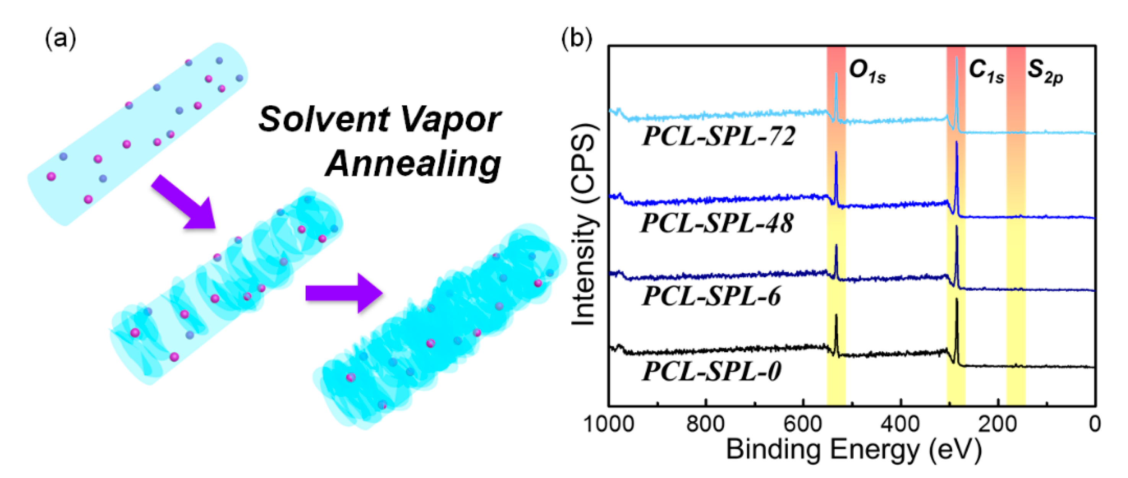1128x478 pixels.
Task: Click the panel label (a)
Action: [x=60, y=39]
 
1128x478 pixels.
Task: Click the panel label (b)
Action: [x=576, y=39]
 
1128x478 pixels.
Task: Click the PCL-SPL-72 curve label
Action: [x=719, y=137]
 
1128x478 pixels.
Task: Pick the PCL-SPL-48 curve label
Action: [x=717, y=223]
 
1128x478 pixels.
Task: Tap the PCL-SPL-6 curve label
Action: [x=712, y=296]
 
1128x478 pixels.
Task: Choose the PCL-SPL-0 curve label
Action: [x=712, y=371]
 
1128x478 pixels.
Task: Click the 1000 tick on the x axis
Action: [x=609, y=424]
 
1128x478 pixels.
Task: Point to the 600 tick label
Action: [x=803, y=424]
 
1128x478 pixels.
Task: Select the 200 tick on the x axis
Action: [x=998, y=424]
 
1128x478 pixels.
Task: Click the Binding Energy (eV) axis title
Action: [x=854, y=450]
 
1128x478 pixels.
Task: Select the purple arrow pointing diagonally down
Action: [x=184, y=202]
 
